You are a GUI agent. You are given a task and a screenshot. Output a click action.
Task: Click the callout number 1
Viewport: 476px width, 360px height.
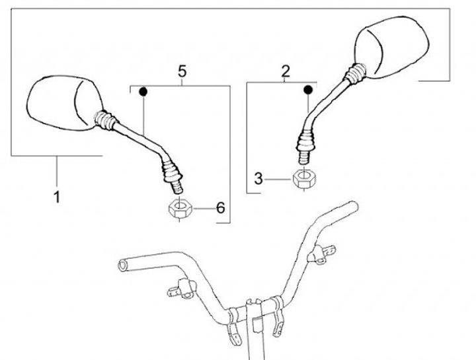(x=57, y=196)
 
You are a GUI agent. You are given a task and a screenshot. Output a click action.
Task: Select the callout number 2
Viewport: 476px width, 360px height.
(x=286, y=71)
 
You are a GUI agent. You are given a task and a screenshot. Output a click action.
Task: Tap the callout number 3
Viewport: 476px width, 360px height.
(x=259, y=178)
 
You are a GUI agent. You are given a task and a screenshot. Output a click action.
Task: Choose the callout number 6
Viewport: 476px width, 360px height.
(x=220, y=208)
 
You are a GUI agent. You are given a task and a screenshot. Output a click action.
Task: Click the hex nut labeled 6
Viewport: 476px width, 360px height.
(x=178, y=210)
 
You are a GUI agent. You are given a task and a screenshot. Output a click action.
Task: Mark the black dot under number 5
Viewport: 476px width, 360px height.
(x=142, y=92)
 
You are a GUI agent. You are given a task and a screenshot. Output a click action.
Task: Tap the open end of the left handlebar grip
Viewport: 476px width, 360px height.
(x=122, y=265)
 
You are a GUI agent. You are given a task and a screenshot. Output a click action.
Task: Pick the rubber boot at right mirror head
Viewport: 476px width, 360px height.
(x=355, y=73)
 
